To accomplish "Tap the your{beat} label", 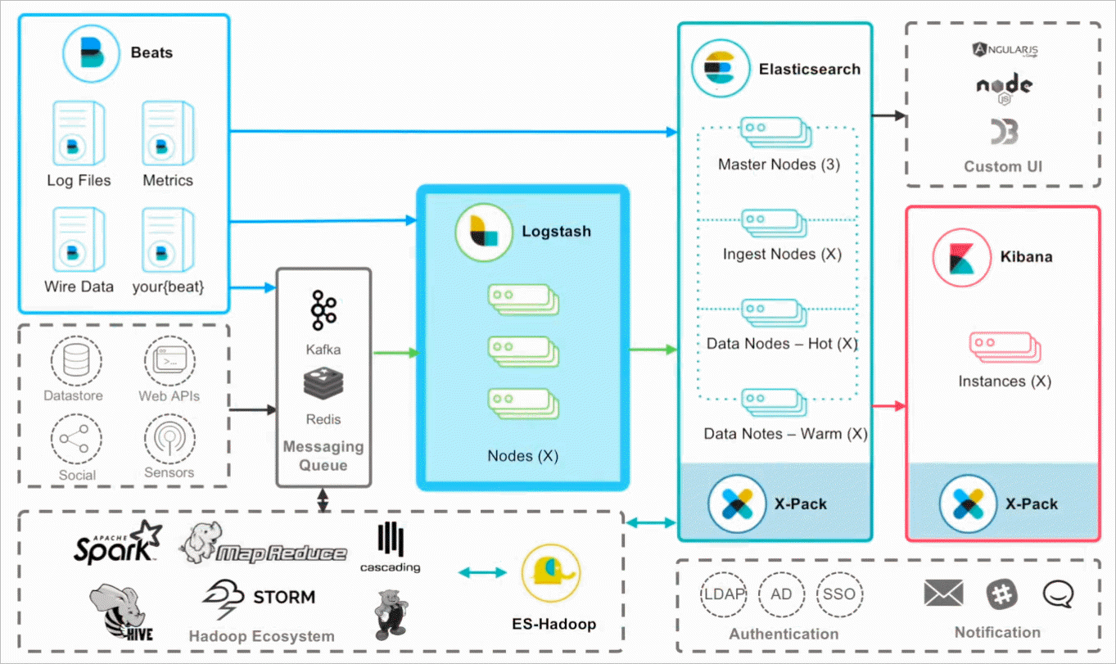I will pyautogui.click(x=168, y=287).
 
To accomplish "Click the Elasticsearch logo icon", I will pyautogui.click(x=720, y=69).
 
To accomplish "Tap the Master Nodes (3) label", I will pyautogui.click(x=778, y=165).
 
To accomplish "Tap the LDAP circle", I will pyautogui.click(x=724, y=594).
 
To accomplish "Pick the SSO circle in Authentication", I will pyautogui.click(x=839, y=594).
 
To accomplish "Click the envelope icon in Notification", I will pyautogui.click(x=943, y=593).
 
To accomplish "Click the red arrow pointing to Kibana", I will pyautogui.click(x=889, y=406).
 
